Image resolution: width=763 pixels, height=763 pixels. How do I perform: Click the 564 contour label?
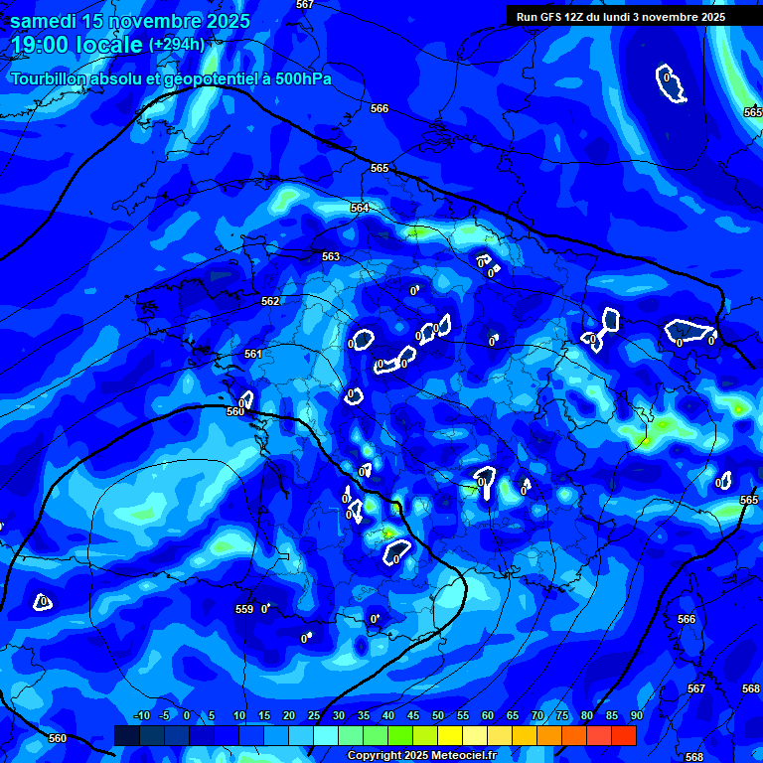[x=360, y=208]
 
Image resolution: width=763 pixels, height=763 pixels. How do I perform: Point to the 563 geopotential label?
[x=331, y=256]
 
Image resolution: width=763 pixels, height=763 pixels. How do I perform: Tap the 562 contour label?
[x=270, y=301]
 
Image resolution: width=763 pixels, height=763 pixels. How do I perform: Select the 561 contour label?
[x=253, y=354]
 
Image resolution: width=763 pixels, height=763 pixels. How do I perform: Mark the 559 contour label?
[x=244, y=609]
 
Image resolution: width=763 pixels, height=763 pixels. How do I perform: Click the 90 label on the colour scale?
[x=636, y=716]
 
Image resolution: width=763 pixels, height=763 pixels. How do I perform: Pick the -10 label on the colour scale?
[x=141, y=716]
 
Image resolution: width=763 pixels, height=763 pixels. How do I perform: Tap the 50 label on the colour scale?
[x=438, y=716]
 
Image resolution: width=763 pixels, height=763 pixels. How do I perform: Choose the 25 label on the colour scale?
[x=314, y=716]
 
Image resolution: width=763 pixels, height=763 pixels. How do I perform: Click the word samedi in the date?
[x=45, y=21]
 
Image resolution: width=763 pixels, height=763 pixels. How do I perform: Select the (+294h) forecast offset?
[x=177, y=45]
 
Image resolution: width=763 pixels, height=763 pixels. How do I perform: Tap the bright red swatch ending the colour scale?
[x=624, y=735]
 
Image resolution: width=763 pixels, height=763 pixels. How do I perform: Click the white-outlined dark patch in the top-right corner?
[x=672, y=84]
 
